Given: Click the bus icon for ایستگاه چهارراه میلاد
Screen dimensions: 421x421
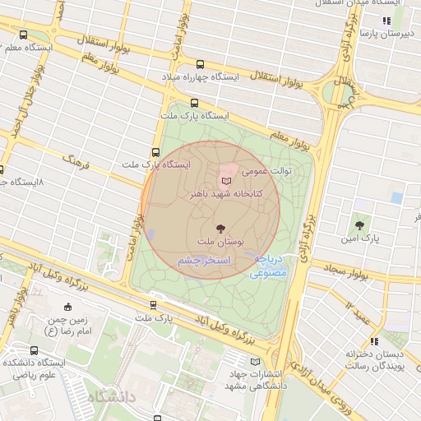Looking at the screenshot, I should tap(200, 64).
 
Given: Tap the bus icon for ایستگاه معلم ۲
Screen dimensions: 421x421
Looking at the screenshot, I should tap(22, 35).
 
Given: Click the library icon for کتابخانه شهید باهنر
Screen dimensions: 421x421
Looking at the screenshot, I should tap(228, 179).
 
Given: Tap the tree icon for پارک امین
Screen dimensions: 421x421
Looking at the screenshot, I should tap(359, 224).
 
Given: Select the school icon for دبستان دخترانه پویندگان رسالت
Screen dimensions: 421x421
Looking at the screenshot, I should tap(374, 340).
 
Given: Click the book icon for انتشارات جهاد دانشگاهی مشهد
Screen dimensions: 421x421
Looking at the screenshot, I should tap(254, 361).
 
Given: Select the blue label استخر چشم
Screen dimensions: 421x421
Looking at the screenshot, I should tap(206, 260).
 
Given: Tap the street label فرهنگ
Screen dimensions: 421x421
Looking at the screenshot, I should tap(81, 160).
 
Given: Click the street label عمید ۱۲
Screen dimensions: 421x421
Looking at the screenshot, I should tap(360, 311).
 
